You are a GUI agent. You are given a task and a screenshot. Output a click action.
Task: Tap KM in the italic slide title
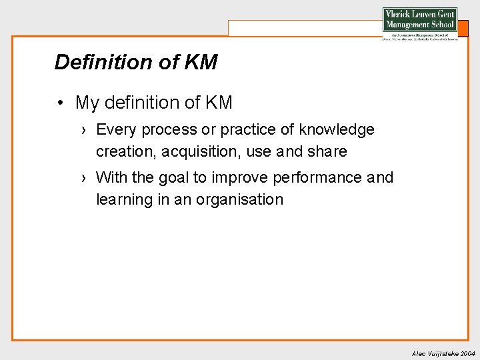[199, 62]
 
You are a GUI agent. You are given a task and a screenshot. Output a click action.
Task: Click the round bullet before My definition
[60, 103]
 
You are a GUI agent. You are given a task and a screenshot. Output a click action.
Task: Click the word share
[327, 151]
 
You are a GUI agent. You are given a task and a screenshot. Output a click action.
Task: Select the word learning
[124, 199]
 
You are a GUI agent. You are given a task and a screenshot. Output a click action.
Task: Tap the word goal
[175, 177]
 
